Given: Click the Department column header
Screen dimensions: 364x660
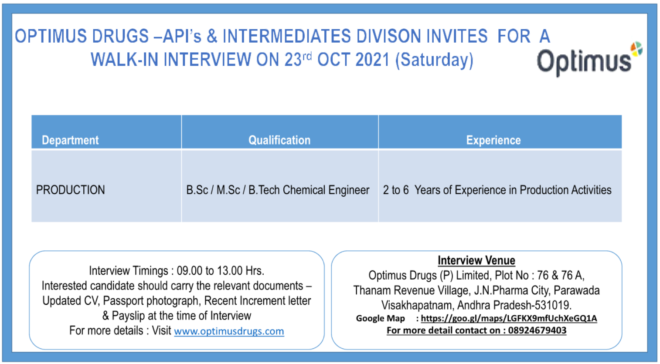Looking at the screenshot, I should [70, 140].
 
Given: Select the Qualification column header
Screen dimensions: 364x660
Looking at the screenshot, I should [279, 140].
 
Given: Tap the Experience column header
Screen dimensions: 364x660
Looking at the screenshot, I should [493, 140].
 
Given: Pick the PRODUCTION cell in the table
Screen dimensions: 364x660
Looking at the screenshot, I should [71, 190].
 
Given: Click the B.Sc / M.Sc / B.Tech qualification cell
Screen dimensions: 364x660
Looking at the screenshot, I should [278, 190].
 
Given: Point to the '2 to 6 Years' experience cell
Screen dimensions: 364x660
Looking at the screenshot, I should [497, 190].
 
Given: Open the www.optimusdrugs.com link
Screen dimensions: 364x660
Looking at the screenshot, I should [229, 331].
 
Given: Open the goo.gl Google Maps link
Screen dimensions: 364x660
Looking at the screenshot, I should [509, 318].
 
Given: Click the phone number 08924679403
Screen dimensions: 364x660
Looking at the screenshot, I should [537, 330].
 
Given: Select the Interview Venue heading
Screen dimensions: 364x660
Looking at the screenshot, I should [476, 260].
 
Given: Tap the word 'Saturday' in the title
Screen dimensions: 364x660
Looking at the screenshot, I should [435, 60].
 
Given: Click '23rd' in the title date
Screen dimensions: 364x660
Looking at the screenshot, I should [298, 60].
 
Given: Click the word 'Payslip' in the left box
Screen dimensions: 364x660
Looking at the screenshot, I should [129, 316].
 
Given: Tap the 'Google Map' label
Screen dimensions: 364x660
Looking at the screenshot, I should [380, 318].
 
